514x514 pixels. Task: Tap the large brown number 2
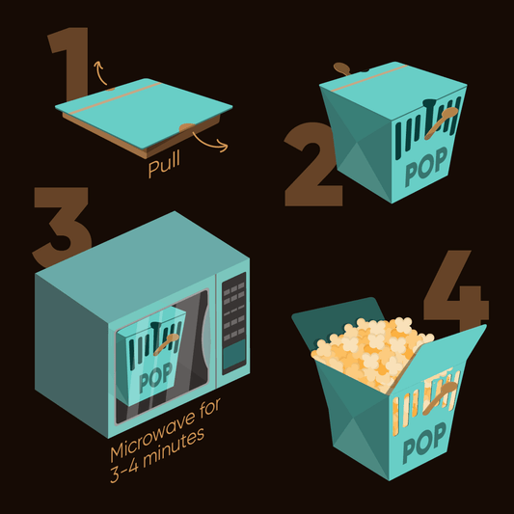click(x=311, y=164)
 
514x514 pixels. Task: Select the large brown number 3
click(x=62, y=227)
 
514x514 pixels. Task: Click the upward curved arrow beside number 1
click(x=99, y=72)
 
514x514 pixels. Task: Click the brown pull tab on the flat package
click(x=187, y=127)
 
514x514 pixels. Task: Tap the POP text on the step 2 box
click(x=426, y=167)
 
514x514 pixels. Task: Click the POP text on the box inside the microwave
click(x=155, y=378)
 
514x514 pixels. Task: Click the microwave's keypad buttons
click(x=234, y=311)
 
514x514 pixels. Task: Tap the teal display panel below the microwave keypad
click(x=234, y=355)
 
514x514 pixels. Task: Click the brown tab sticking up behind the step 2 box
click(x=342, y=68)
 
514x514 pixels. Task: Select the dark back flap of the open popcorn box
click(x=338, y=325)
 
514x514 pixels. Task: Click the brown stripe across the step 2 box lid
click(x=369, y=78)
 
